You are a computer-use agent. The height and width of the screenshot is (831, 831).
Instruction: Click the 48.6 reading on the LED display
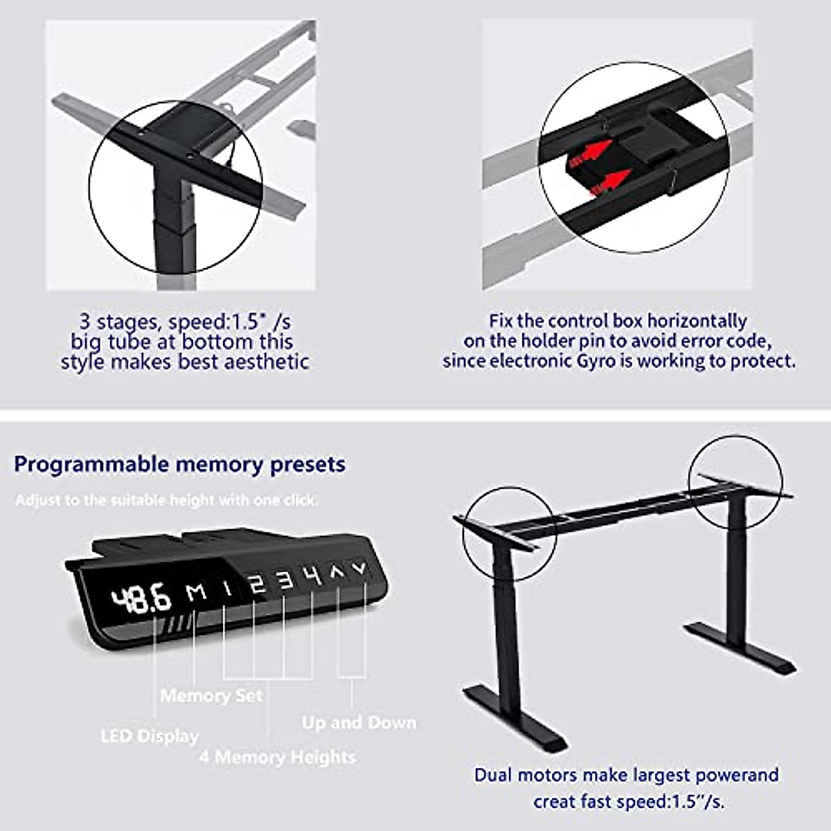pyautogui.click(x=141, y=598)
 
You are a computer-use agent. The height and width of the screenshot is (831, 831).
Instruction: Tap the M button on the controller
pyautogui.click(x=197, y=592)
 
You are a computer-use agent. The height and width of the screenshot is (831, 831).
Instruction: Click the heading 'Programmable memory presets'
pyautogui.click(x=179, y=464)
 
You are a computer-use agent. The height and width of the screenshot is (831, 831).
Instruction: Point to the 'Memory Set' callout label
pyautogui.click(x=211, y=695)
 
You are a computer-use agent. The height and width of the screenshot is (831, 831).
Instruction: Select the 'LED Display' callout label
pyautogui.click(x=150, y=735)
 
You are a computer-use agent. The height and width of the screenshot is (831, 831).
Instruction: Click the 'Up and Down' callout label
pyautogui.click(x=359, y=722)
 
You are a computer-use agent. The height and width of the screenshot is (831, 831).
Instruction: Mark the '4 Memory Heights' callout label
pyautogui.click(x=277, y=756)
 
